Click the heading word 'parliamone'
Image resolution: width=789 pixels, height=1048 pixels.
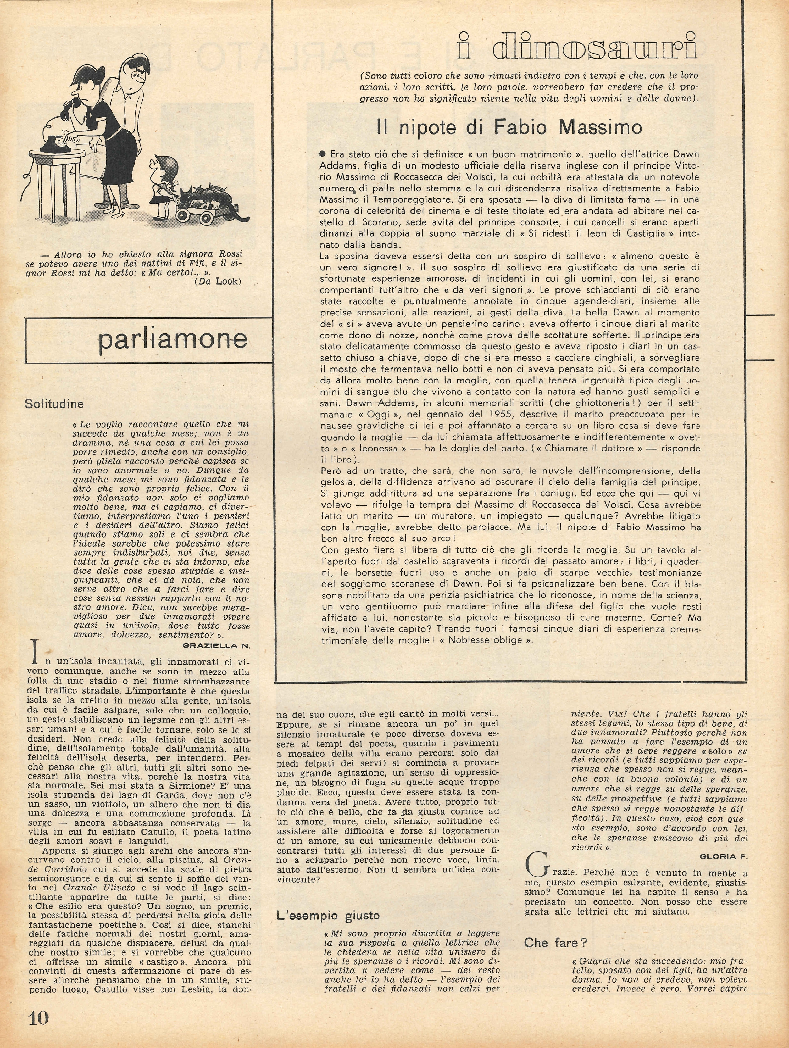(x=172, y=339)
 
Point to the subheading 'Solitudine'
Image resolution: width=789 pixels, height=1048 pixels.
(x=54, y=404)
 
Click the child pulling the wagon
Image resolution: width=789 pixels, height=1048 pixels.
(x=163, y=182)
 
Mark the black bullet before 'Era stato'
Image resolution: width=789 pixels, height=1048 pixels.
(x=323, y=154)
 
